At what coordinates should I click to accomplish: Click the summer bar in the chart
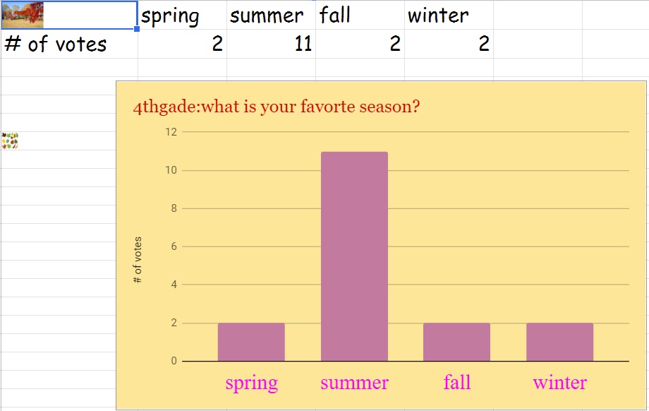pos(354,256)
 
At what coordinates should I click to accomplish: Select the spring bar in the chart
pos(251,342)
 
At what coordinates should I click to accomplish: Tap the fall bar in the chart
pos(456,342)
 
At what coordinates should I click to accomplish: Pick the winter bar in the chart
pos(559,342)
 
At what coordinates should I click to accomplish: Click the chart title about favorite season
pos(276,107)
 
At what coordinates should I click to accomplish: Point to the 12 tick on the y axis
pos(171,132)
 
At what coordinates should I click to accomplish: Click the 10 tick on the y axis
pos(171,170)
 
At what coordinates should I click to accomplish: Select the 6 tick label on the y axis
pos(174,246)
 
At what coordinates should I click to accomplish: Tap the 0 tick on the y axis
pos(174,361)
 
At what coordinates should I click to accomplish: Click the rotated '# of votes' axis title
pos(138,260)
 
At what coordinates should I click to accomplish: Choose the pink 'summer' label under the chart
pos(354,383)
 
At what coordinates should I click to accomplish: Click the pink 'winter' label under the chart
pos(559,383)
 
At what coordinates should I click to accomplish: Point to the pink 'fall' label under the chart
pos(457,382)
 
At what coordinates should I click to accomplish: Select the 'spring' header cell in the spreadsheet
pos(182,15)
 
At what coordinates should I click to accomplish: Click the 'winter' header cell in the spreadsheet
pos(449,15)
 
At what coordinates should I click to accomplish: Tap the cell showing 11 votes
pos(271,44)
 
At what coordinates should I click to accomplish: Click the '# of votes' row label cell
pos(69,44)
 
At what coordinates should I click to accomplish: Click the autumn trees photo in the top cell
pos(23,15)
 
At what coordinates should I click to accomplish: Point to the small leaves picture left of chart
pos(10,141)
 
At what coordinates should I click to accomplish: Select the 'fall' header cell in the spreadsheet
pos(360,15)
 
